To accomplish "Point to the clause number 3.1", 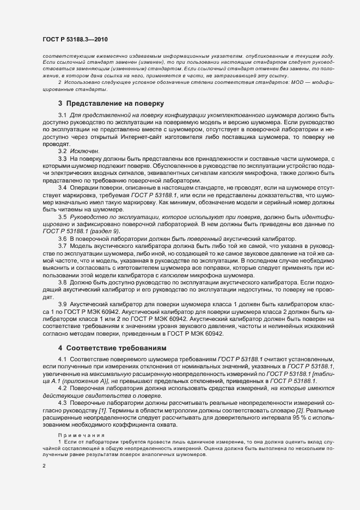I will point(62,116).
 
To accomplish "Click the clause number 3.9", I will point(62,303).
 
